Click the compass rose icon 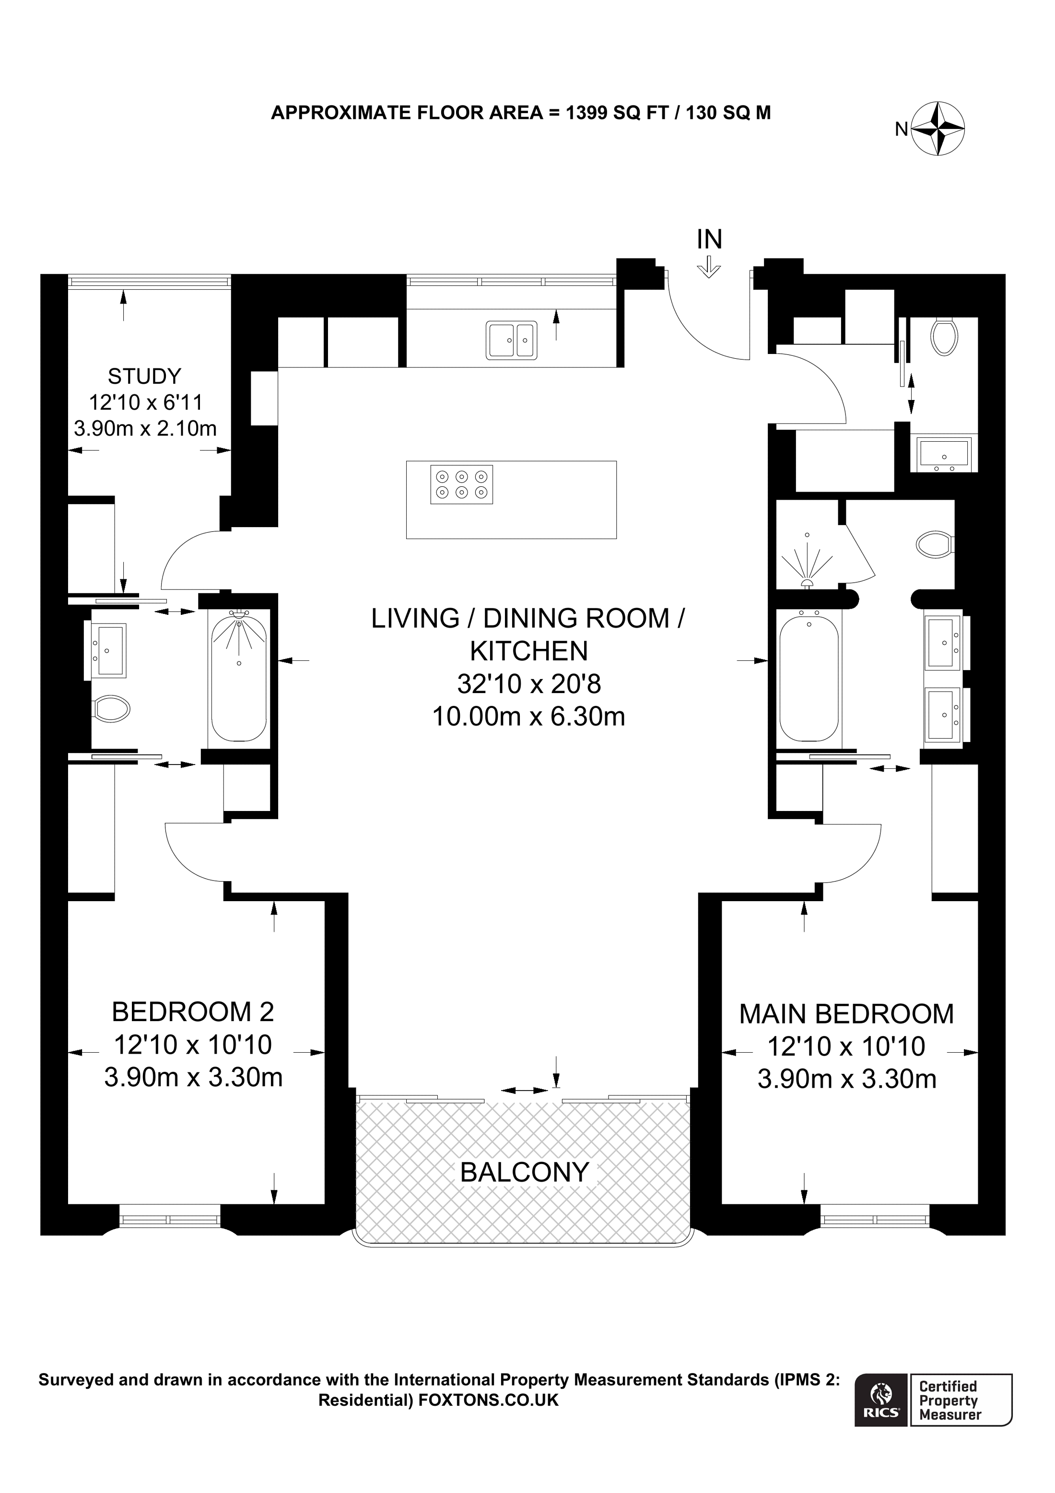click(x=938, y=129)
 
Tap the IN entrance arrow click(x=709, y=267)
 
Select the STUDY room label click(x=144, y=376)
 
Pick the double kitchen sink click(x=512, y=340)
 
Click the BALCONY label click(x=525, y=1173)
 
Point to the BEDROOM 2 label click(x=193, y=1012)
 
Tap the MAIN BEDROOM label click(x=846, y=1014)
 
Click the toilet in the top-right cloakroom click(x=944, y=336)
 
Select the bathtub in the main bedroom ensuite click(x=809, y=678)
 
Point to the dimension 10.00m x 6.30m click(x=528, y=717)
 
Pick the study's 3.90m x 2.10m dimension click(x=145, y=428)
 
